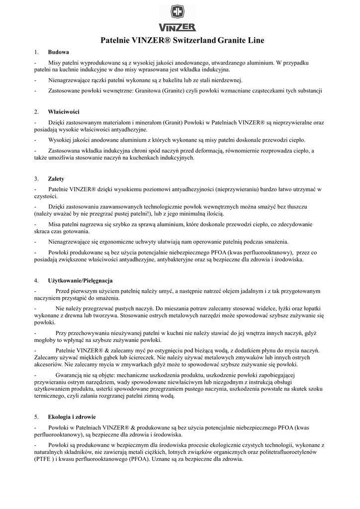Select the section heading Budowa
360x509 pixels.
58,52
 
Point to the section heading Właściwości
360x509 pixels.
64,111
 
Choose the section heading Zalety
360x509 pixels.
56,178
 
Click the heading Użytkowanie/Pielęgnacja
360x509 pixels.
80,280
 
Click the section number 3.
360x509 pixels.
37,178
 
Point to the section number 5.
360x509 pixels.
37,416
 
